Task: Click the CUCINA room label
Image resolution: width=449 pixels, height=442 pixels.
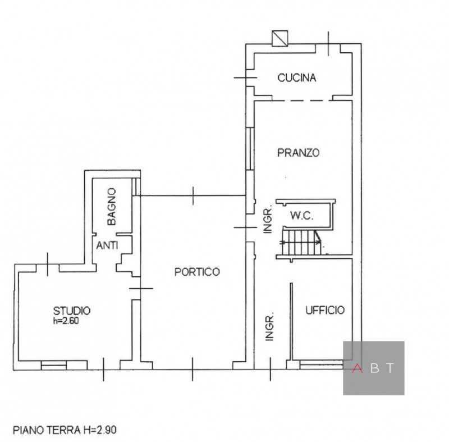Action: click(x=297, y=78)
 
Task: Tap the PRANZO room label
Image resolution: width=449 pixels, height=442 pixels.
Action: click(x=298, y=152)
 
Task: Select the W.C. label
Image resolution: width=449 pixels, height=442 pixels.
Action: click(x=301, y=215)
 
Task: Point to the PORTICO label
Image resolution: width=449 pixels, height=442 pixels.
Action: click(x=196, y=272)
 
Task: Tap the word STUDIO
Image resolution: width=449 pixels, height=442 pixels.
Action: click(x=72, y=309)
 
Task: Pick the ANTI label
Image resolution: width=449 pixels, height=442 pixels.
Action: click(x=107, y=245)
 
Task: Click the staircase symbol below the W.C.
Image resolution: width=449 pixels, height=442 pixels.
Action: click(x=301, y=242)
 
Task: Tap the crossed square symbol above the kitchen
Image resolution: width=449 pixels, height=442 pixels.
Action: click(x=279, y=37)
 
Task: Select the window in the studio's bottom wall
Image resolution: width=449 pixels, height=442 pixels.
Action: click(x=54, y=365)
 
